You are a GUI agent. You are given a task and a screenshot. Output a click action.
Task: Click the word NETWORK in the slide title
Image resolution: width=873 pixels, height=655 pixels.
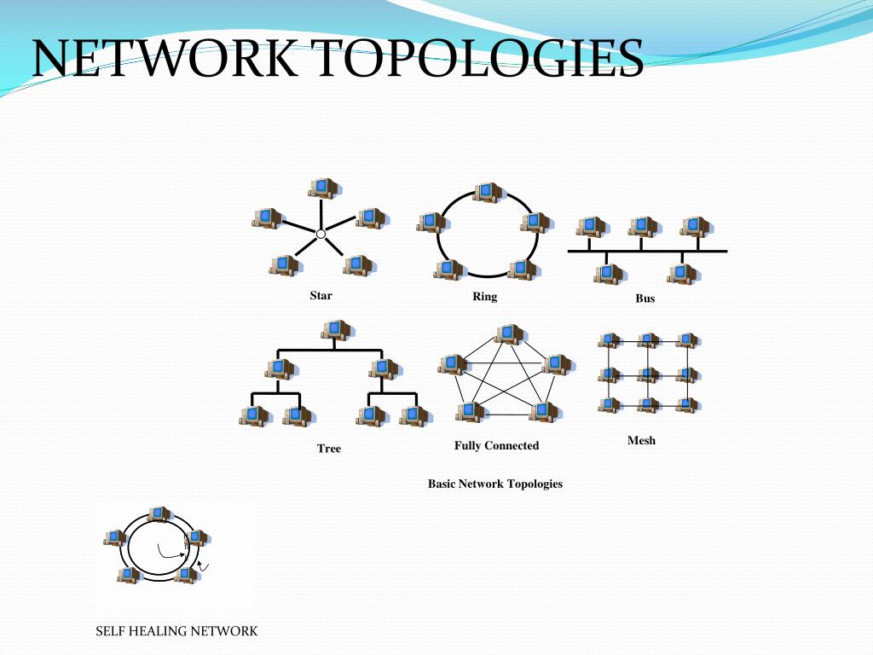pyautogui.click(x=165, y=58)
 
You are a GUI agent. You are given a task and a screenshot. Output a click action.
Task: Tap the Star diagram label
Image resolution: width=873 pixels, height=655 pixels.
pyautogui.click(x=321, y=296)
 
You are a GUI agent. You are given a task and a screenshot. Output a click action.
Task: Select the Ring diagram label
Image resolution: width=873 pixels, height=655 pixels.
pyautogui.click(x=484, y=297)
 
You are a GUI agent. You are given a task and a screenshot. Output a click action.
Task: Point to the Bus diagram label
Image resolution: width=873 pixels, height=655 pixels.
pyautogui.click(x=645, y=299)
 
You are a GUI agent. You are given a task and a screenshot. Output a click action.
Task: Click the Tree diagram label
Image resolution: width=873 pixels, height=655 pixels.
pyautogui.click(x=328, y=448)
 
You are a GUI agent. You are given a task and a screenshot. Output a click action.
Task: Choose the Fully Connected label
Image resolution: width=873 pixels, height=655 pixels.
pyautogui.click(x=496, y=445)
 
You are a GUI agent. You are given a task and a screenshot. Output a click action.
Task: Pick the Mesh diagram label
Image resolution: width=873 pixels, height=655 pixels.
pyautogui.click(x=641, y=441)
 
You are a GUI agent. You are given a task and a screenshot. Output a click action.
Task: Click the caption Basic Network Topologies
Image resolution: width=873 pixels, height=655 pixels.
pyautogui.click(x=494, y=484)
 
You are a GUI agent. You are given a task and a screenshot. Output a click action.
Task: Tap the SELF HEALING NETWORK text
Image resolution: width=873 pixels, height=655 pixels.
pyautogui.click(x=176, y=631)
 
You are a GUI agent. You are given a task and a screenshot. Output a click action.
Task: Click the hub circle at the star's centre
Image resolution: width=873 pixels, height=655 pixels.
pyautogui.click(x=321, y=234)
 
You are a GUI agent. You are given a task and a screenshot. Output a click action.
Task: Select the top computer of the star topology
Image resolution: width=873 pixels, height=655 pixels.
pyautogui.click(x=322, y=187)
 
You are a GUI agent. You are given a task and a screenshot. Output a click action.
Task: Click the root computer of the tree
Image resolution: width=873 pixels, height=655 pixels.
pyautogui.click(x=337, y=329)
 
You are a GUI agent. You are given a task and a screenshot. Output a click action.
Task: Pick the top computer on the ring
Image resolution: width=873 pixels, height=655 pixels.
pyautogui.click(x=487, y=192)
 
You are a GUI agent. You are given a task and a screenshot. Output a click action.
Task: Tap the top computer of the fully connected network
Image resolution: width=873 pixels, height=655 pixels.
pyautogui.click(x=508, y=333)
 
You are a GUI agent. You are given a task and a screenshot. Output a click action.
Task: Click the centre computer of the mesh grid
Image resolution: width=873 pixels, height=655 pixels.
pyautogui.click(x=648, y=374)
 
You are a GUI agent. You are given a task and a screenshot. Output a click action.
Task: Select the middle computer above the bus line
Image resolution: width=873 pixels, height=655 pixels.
pyautogui.click(x=642, y=226)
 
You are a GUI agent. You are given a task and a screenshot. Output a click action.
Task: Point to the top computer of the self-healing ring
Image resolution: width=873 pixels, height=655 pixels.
pyautogui.click(x=158, y=513)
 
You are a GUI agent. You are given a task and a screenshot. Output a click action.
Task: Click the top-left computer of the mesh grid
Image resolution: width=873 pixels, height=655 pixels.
pyautogui.click(x=609, y=340)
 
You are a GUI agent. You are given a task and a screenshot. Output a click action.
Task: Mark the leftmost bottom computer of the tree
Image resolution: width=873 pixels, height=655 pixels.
pyautogui.click(x=253, y=415)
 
